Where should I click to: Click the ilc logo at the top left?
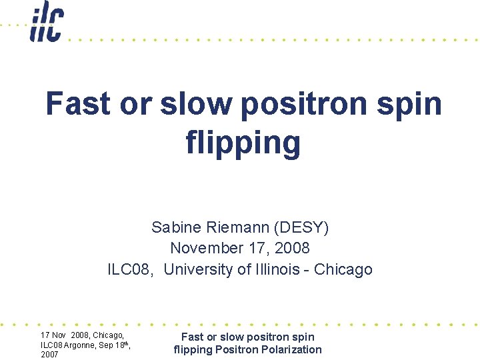click(x=46, y=23)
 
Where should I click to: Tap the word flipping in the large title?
click(x=243, y=142)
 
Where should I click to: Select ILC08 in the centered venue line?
click(x=131, y=269)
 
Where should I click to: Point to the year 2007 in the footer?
click(x=50, y=355)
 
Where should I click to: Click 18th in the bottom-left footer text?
click(x=121, y=344)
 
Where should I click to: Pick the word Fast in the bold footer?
click(x=193, y=337)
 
